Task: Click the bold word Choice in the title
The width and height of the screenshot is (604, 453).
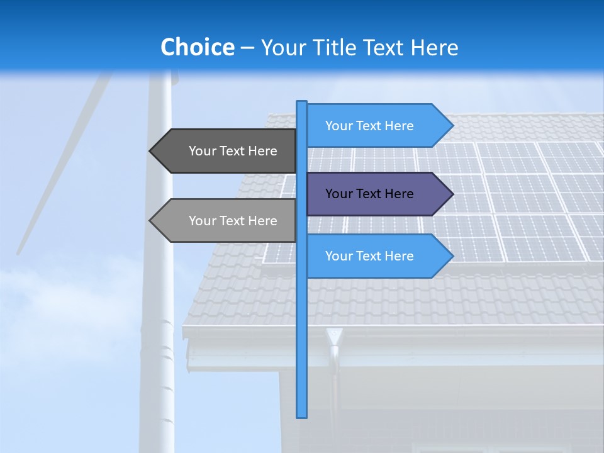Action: pyautogui.click(x=197, y=48)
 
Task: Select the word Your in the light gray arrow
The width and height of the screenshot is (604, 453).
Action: pyautogui.click(x=202, y=221)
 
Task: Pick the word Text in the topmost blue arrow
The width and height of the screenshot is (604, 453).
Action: pyautogui.click(x=368, y=126)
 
